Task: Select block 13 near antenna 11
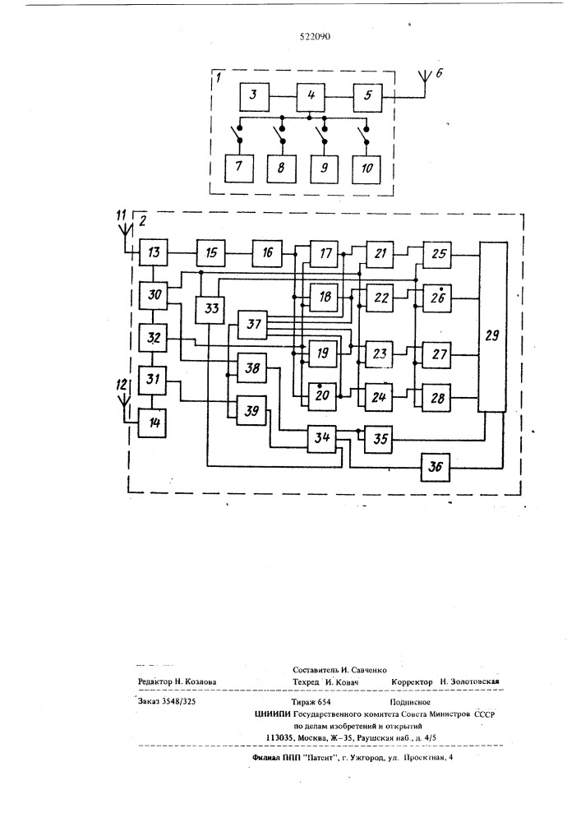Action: [153, 252]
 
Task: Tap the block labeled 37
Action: [253, 324]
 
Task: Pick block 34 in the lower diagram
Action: [321, 436]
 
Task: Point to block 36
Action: [436, 467]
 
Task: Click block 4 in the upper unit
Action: [310, 97]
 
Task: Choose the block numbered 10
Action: [367, 169]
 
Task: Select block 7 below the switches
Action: [239, 169]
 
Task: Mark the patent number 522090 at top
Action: [315, 37]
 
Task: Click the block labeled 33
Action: [210, 308]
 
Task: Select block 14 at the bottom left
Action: [153, 423]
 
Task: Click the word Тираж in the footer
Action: [303, 702]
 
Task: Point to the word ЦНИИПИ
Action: [273, 714]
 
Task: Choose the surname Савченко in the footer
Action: [367, 670]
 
